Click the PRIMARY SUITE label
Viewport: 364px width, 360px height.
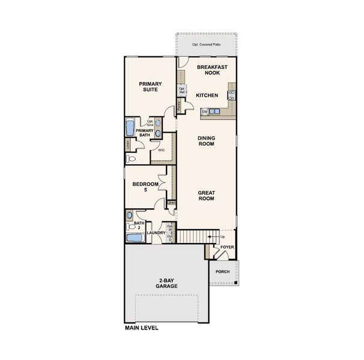[148, 87]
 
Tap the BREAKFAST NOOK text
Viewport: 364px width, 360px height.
[208, 69]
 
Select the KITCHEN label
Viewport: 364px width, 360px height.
[207, 95]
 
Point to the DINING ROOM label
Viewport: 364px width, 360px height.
[207, 140]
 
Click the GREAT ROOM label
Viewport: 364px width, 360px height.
[207, 195]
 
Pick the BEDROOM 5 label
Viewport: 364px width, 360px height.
[145, 187]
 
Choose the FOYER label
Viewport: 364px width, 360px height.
[227, 247]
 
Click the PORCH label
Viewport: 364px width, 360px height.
[222, 272]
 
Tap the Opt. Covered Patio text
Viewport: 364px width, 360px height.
[206, 44]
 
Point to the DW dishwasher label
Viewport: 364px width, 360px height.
[205, 112]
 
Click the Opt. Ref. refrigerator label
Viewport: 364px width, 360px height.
[181, 91]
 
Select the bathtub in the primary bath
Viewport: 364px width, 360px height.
[129, 128]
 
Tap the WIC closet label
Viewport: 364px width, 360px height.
[161, 150]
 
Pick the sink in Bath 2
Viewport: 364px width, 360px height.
[130, 215]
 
